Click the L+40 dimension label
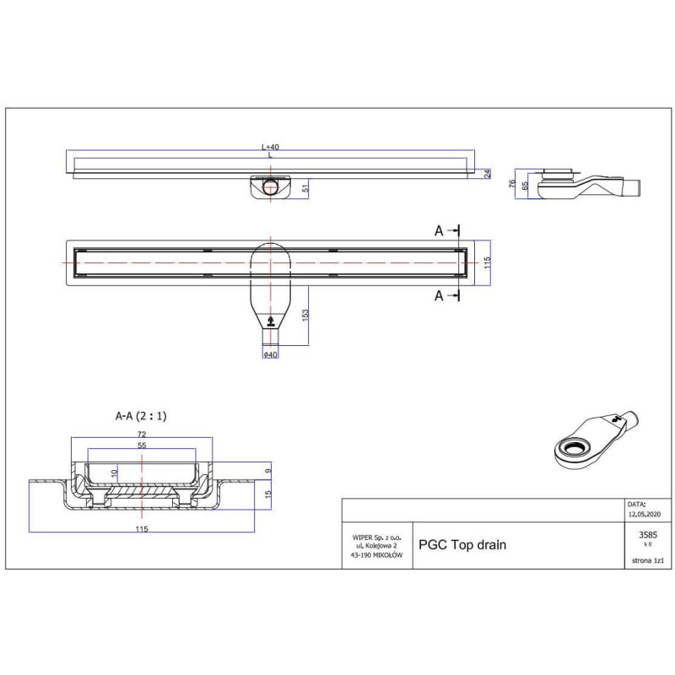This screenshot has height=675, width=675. click(270, 146)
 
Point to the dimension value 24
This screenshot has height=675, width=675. click(487, 174)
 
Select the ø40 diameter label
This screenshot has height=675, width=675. click(271, 354)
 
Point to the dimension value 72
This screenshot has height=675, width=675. click(142, 433)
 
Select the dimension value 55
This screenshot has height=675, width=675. click(142, 445)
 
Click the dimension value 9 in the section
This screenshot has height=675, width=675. click(268, 471)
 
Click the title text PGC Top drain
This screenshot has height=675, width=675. click(462, 545)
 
